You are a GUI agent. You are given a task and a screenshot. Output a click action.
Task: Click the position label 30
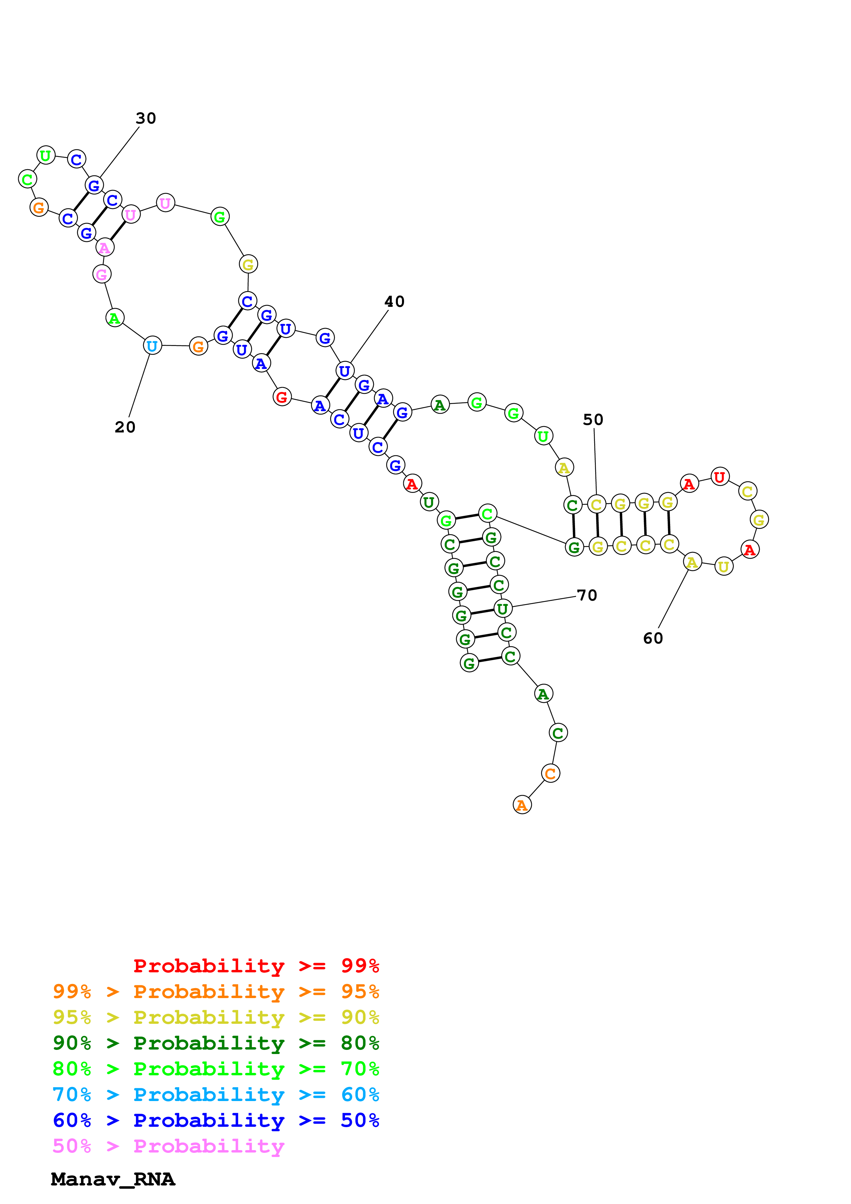tap(146, 118)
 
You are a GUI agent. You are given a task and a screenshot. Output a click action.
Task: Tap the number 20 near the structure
tap(125, 427)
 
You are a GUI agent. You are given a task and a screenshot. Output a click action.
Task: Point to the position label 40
tap(394, 302)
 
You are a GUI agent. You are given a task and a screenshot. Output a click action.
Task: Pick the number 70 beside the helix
tap(587, 595)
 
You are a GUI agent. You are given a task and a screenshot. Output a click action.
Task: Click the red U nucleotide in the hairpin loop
tap(720, 477)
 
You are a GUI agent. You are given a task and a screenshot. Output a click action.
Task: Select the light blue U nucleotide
tap(152, 346)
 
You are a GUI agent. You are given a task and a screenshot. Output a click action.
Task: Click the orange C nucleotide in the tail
tap(550, 774)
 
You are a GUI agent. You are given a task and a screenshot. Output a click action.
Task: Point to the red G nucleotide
tap(282, 397)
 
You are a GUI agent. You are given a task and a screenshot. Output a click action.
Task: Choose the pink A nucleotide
tap(104, 247)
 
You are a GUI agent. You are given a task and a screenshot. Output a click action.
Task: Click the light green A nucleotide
tap(114, 318)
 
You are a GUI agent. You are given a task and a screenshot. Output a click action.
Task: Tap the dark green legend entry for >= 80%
tap(216, 1043)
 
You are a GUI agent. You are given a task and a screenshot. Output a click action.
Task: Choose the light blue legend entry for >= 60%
tap(216, 1095)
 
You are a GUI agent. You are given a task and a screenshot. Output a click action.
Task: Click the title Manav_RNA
tap(113, 1179)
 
